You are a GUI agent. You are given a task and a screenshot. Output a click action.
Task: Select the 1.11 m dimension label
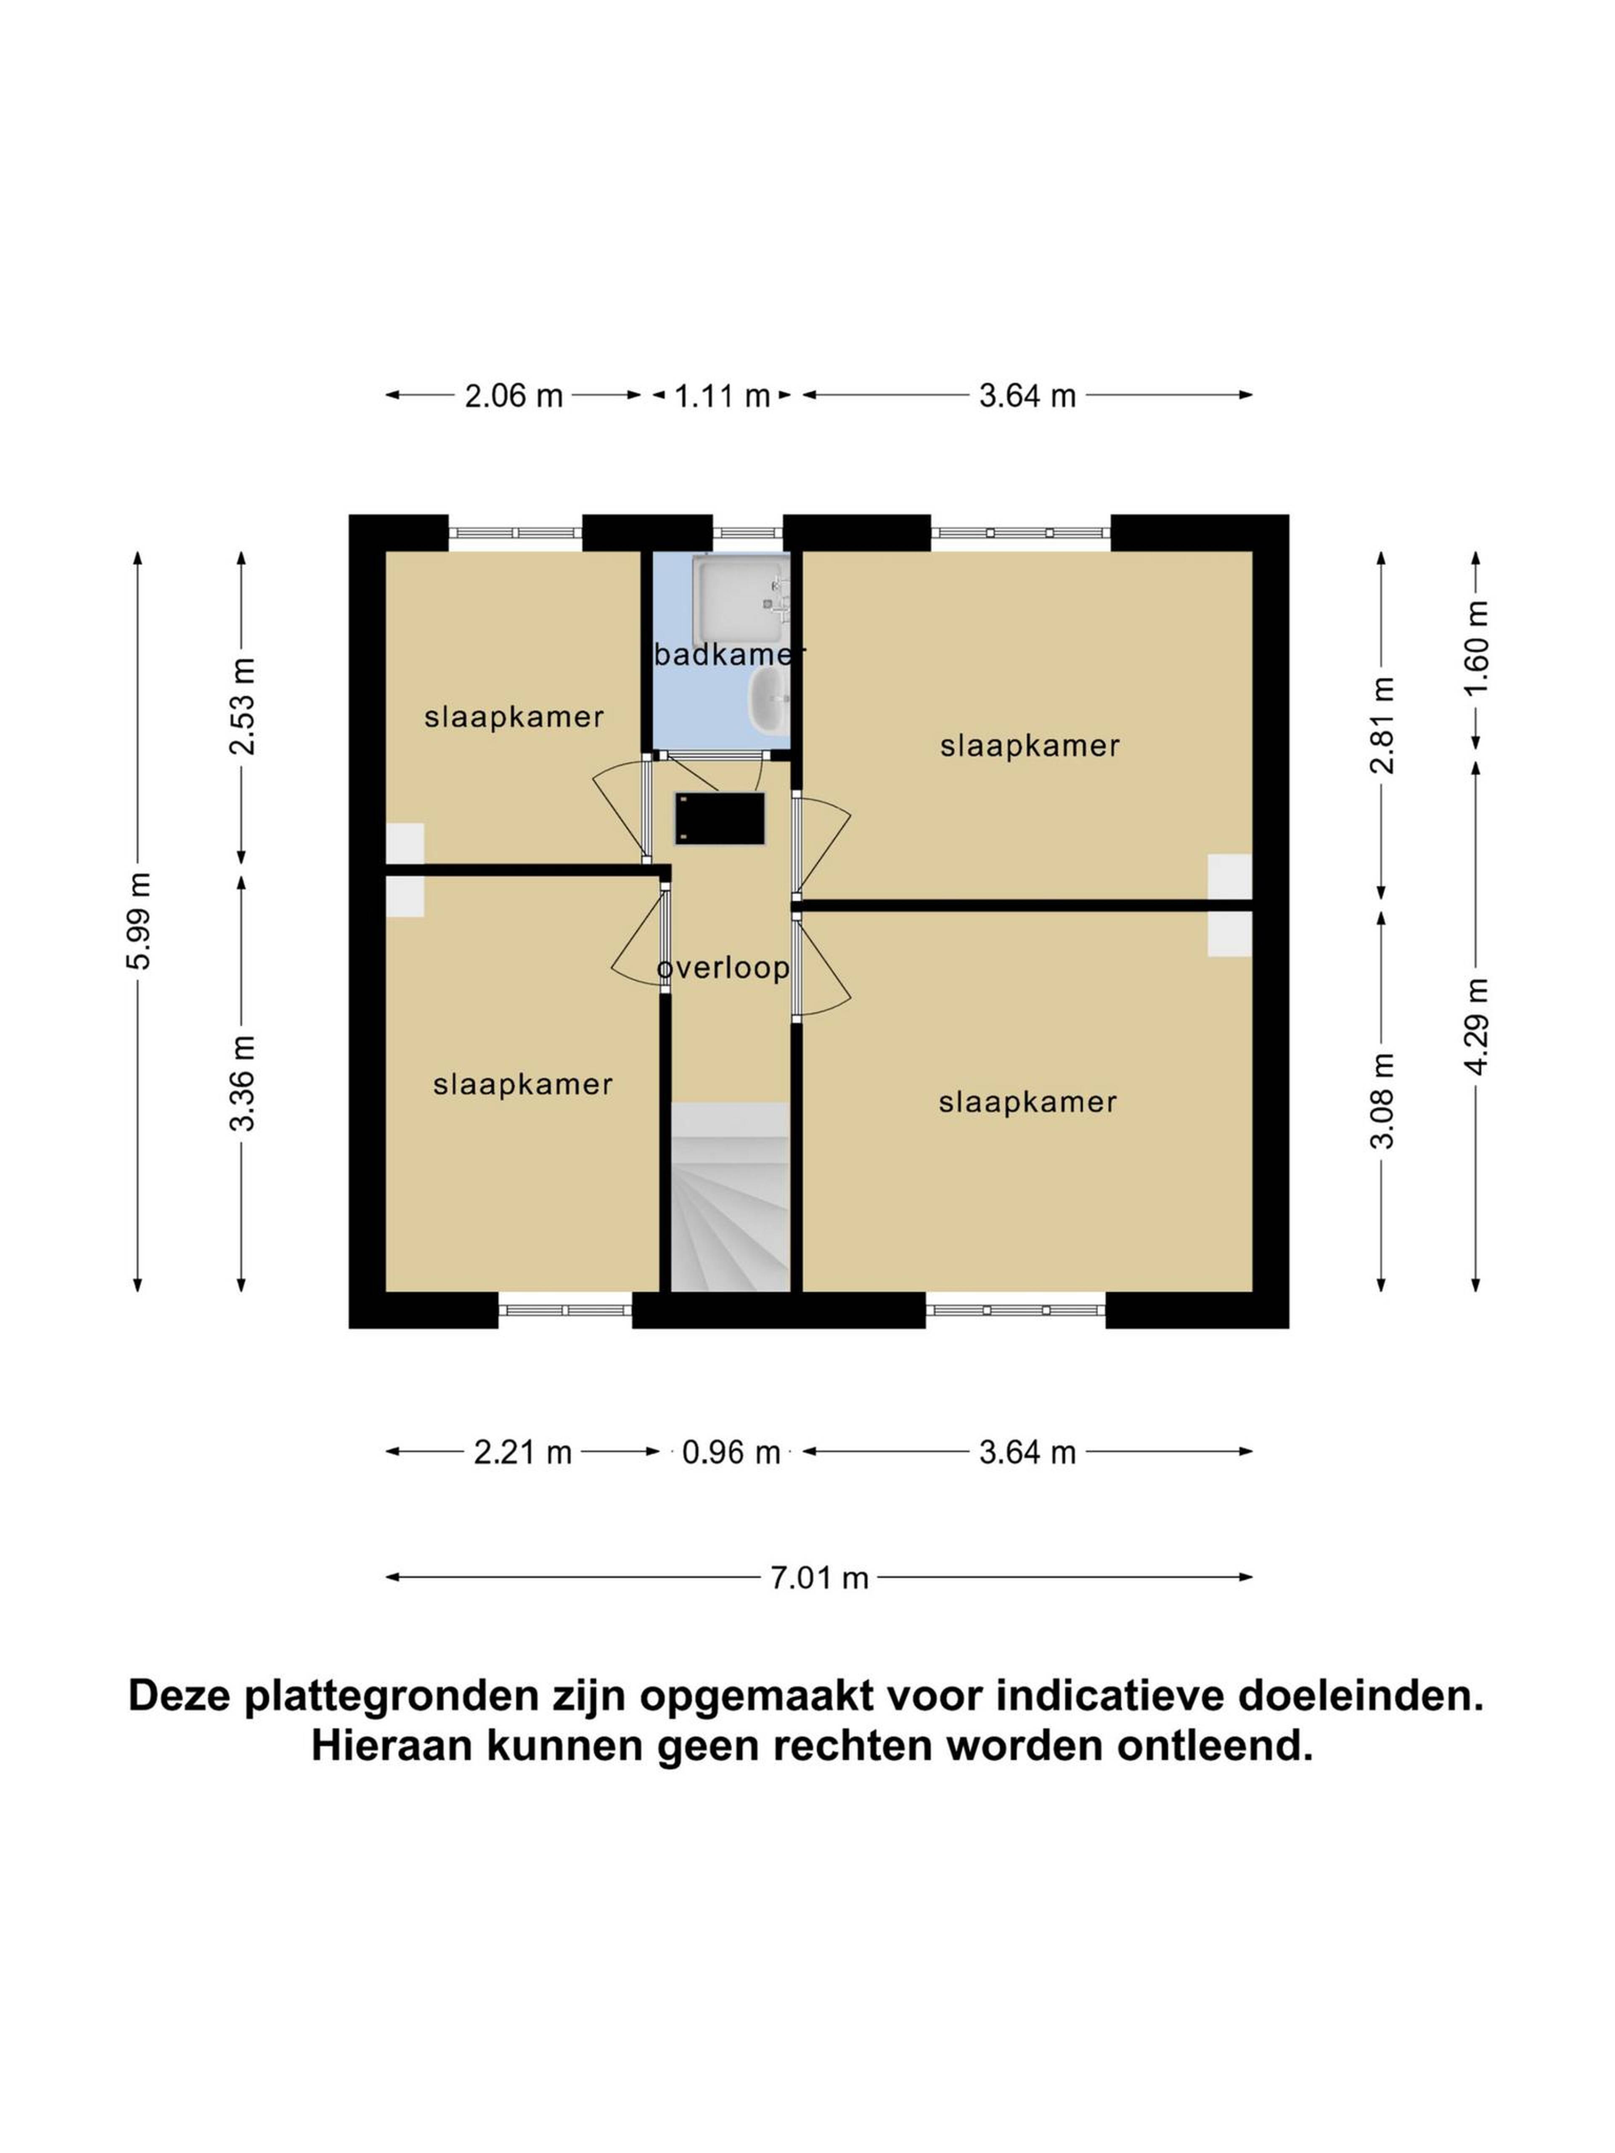click(x=721, y=396)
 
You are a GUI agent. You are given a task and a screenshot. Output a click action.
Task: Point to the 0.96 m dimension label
click(x=731, y=1453)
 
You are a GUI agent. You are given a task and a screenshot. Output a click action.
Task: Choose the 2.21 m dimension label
click(x=523, y=1453)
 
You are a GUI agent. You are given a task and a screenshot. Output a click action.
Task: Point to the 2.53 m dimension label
click(x=241, y=706)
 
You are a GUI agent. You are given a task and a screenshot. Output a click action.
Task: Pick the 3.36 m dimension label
click(x=241, y=1083)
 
